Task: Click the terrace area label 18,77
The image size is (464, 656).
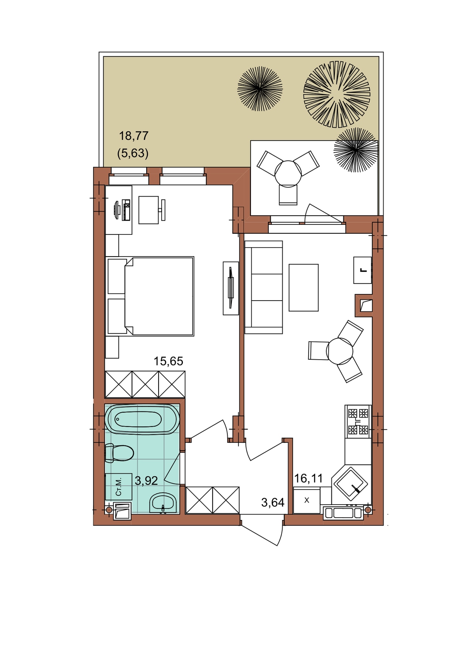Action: pos(134,136)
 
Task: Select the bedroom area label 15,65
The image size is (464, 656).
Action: pos(168,361)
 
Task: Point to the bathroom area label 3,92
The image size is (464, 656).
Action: pos(146,481)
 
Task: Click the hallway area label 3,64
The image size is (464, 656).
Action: pos(273,503)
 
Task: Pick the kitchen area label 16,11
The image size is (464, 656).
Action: pos(308,479)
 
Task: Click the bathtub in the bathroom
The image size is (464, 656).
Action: pos(142,420)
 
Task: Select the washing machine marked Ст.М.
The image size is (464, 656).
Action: pos(118,487)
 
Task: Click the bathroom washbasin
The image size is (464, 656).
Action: pos(163,503)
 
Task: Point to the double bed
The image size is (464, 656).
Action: pos(150,296)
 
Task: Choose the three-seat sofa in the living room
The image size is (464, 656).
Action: pos(263,287)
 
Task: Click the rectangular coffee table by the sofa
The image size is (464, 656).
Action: pos(304,287)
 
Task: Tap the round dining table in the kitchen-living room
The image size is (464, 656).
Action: pos(339,350)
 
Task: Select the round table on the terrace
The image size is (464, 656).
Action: pos(288,174)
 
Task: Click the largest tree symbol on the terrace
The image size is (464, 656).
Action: pos(337,94)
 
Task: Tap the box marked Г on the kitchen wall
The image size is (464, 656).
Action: pos(363,270)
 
